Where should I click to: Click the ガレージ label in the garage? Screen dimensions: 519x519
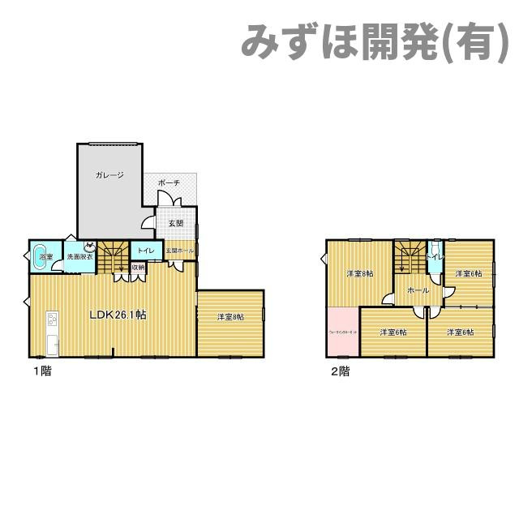point(109,175)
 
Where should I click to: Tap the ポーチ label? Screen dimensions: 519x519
point(169,183)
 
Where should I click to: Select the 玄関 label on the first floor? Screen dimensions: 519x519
point(175,222)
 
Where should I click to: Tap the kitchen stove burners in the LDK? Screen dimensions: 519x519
point(51,317)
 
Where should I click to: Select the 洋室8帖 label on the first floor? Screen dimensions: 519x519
point(230,317)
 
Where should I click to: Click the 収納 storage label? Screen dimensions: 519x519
point(138,267)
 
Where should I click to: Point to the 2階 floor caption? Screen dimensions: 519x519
point(340,372)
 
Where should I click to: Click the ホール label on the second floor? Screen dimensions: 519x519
point(418,290)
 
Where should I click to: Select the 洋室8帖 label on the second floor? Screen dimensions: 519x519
point(360,273)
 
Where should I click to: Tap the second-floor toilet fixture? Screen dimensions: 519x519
point(436,247)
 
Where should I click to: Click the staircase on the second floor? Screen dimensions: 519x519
point(410,257)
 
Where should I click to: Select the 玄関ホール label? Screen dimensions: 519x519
point(180,251)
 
